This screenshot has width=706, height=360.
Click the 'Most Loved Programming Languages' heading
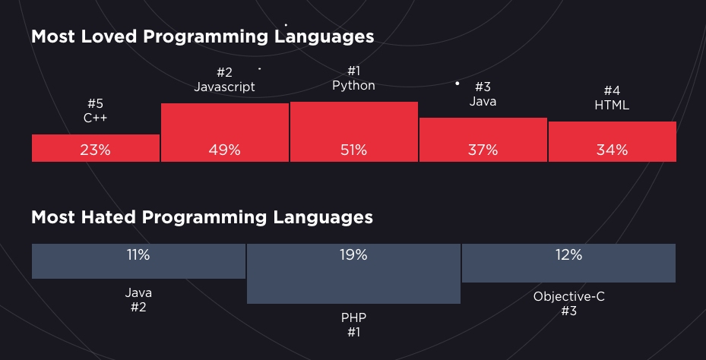202,36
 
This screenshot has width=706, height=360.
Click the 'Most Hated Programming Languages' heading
201,217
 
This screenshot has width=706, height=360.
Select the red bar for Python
353,125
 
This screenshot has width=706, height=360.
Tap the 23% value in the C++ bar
95,150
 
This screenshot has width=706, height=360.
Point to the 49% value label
224,150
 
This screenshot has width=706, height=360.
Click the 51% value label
353,150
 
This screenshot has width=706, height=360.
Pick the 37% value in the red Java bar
483,150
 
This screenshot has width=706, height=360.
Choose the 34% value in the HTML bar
612,150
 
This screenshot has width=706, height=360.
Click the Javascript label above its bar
224,87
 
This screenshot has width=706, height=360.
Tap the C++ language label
95,118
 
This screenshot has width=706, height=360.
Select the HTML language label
612,106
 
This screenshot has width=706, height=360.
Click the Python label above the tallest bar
353,86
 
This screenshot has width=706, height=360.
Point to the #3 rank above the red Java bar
483,87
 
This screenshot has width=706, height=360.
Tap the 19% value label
353,256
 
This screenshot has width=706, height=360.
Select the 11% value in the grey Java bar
138,256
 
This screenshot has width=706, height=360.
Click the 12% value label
568,256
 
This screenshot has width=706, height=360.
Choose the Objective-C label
568,296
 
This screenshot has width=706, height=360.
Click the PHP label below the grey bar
353,317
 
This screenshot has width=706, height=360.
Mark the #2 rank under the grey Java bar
138,308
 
